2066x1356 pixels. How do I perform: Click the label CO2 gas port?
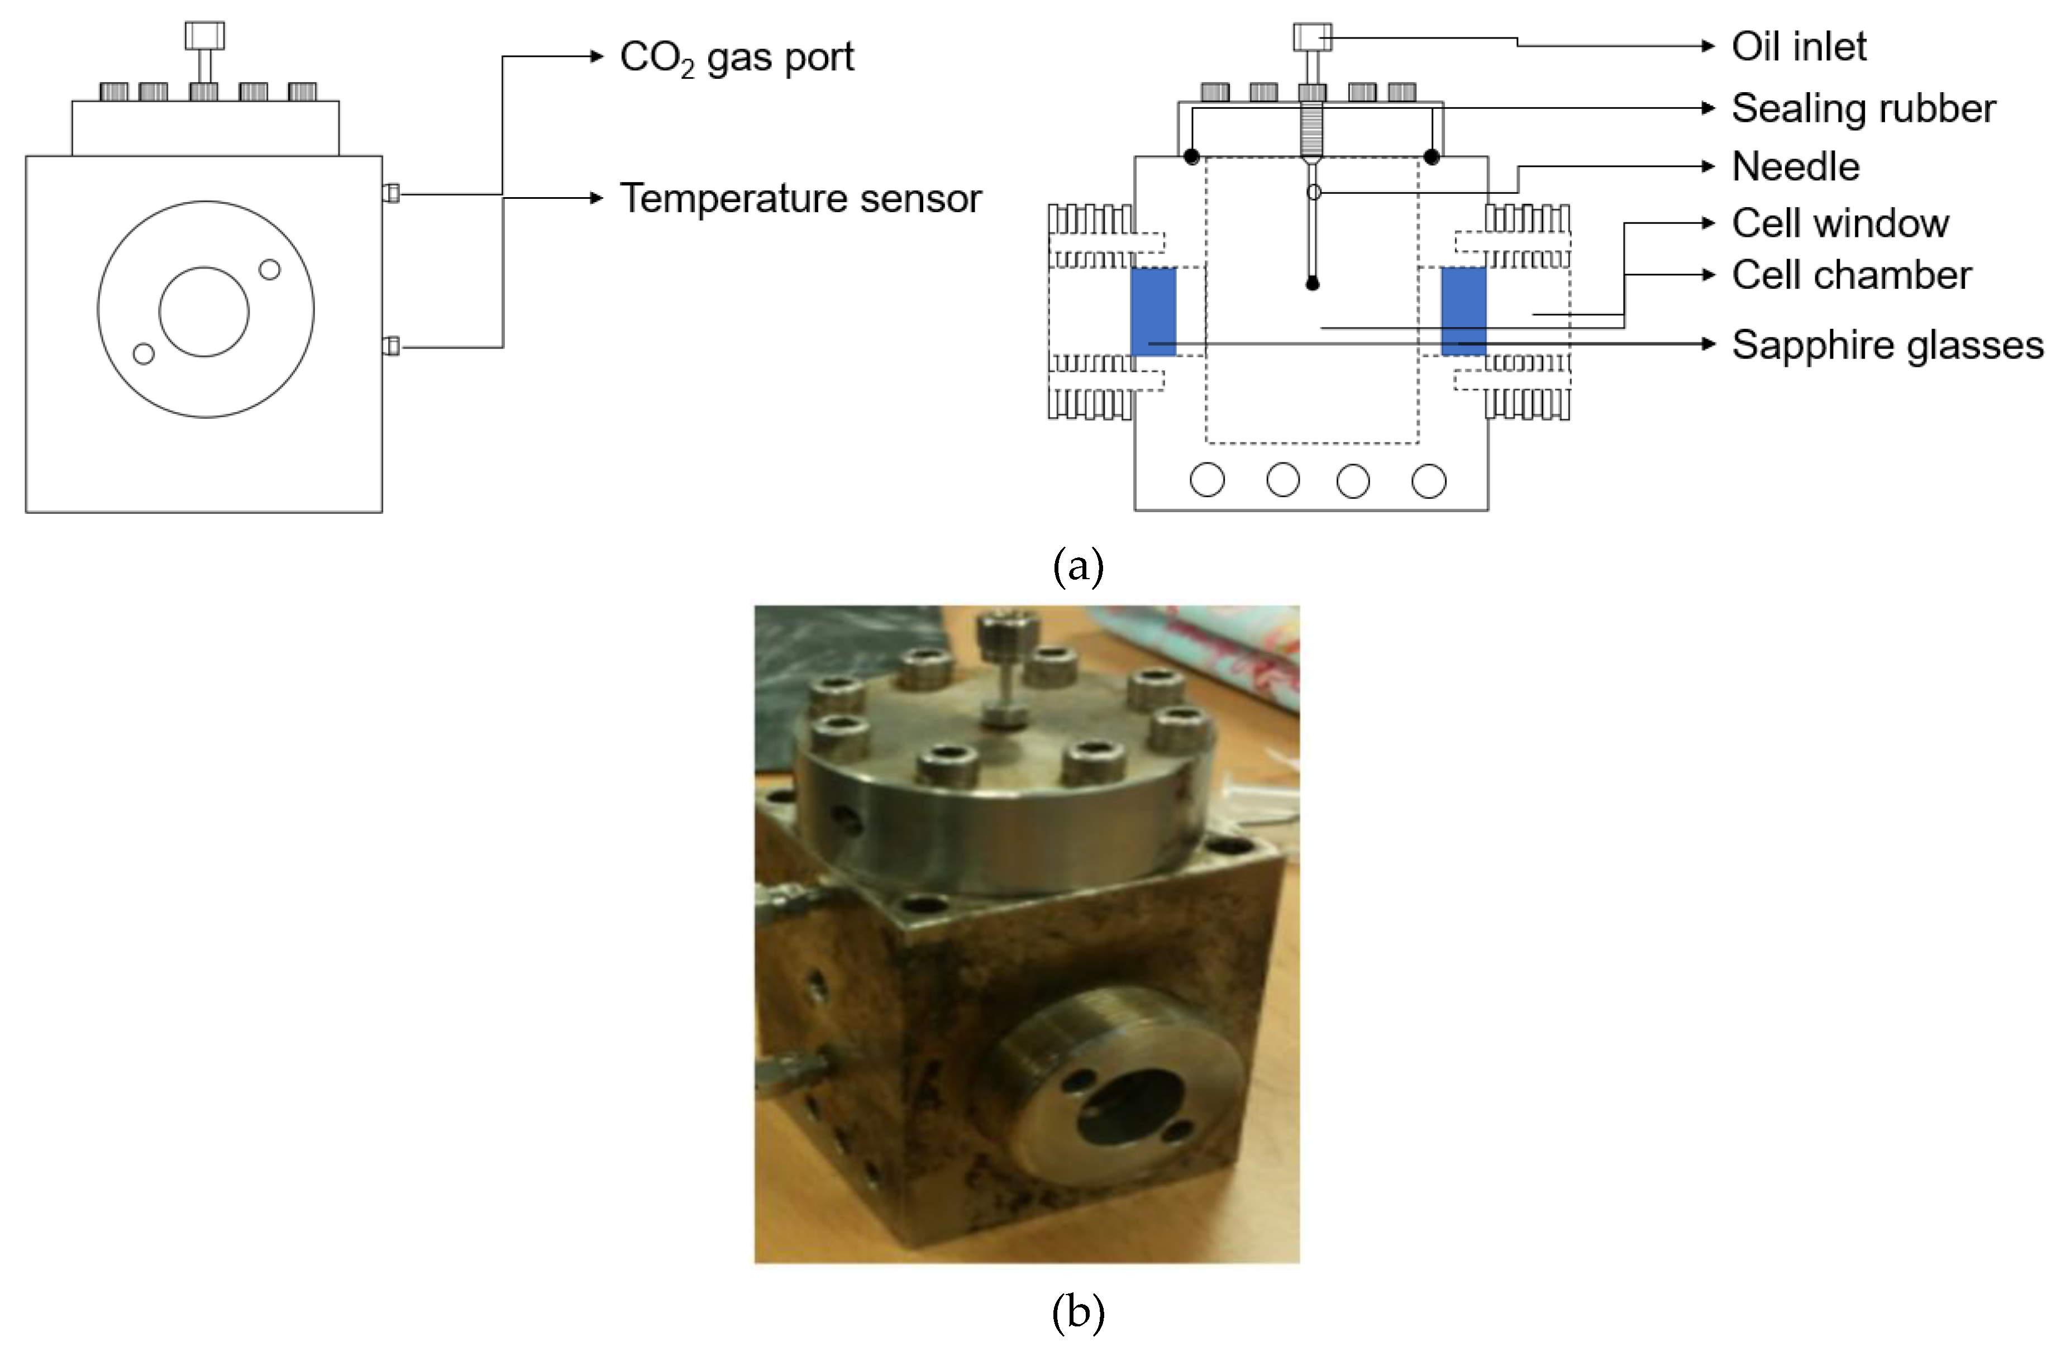736,58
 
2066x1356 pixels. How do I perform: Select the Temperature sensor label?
799,199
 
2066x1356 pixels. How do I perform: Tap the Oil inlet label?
1798,47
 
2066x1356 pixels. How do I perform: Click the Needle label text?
1795,166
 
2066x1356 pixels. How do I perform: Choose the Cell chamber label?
1851,275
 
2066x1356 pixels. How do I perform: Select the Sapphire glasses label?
1887,345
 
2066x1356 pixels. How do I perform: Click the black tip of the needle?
1313,284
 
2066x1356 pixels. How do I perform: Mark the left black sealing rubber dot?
1192,157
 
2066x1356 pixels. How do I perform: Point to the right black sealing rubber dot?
1432,157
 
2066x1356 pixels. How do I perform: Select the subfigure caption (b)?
1077,1314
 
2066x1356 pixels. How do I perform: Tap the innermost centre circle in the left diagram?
204,312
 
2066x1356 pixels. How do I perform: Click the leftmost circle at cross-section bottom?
1206,480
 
